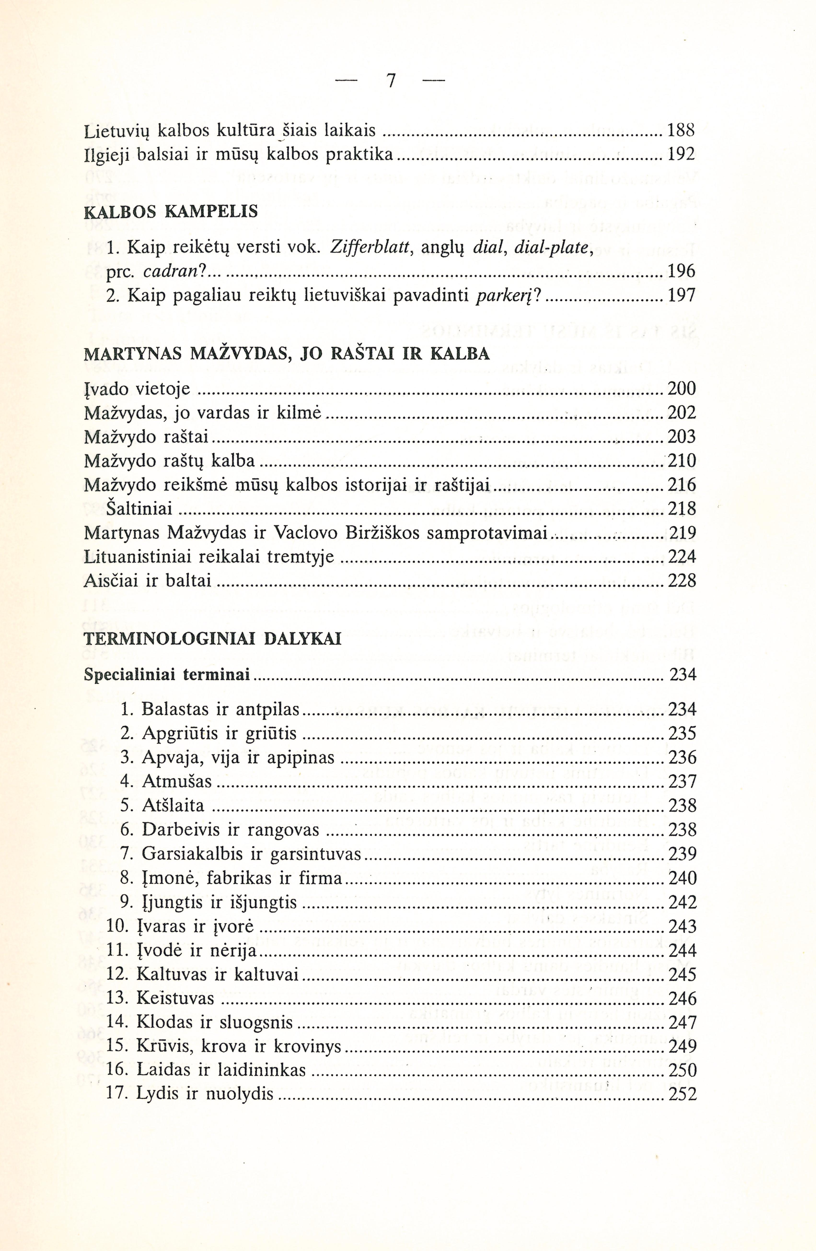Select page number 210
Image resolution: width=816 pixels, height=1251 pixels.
682,461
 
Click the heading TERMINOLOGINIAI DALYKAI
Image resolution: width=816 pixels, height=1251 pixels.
212,639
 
